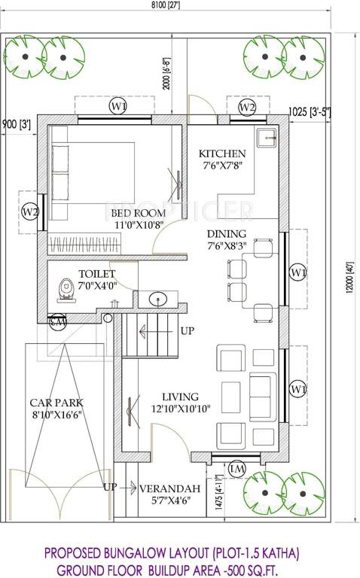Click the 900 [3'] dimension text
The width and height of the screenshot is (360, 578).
point(16,123)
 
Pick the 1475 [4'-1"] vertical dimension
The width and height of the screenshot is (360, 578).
point(219,492)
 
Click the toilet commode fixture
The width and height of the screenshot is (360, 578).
point(66,290)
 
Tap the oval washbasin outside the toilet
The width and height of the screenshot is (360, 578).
point(158,299)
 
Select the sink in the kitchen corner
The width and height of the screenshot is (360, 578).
point(264,138)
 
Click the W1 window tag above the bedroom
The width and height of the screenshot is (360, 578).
point(117,107)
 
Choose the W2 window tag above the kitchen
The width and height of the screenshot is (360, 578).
point(247,108)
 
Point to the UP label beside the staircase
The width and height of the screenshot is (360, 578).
point(188,330)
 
